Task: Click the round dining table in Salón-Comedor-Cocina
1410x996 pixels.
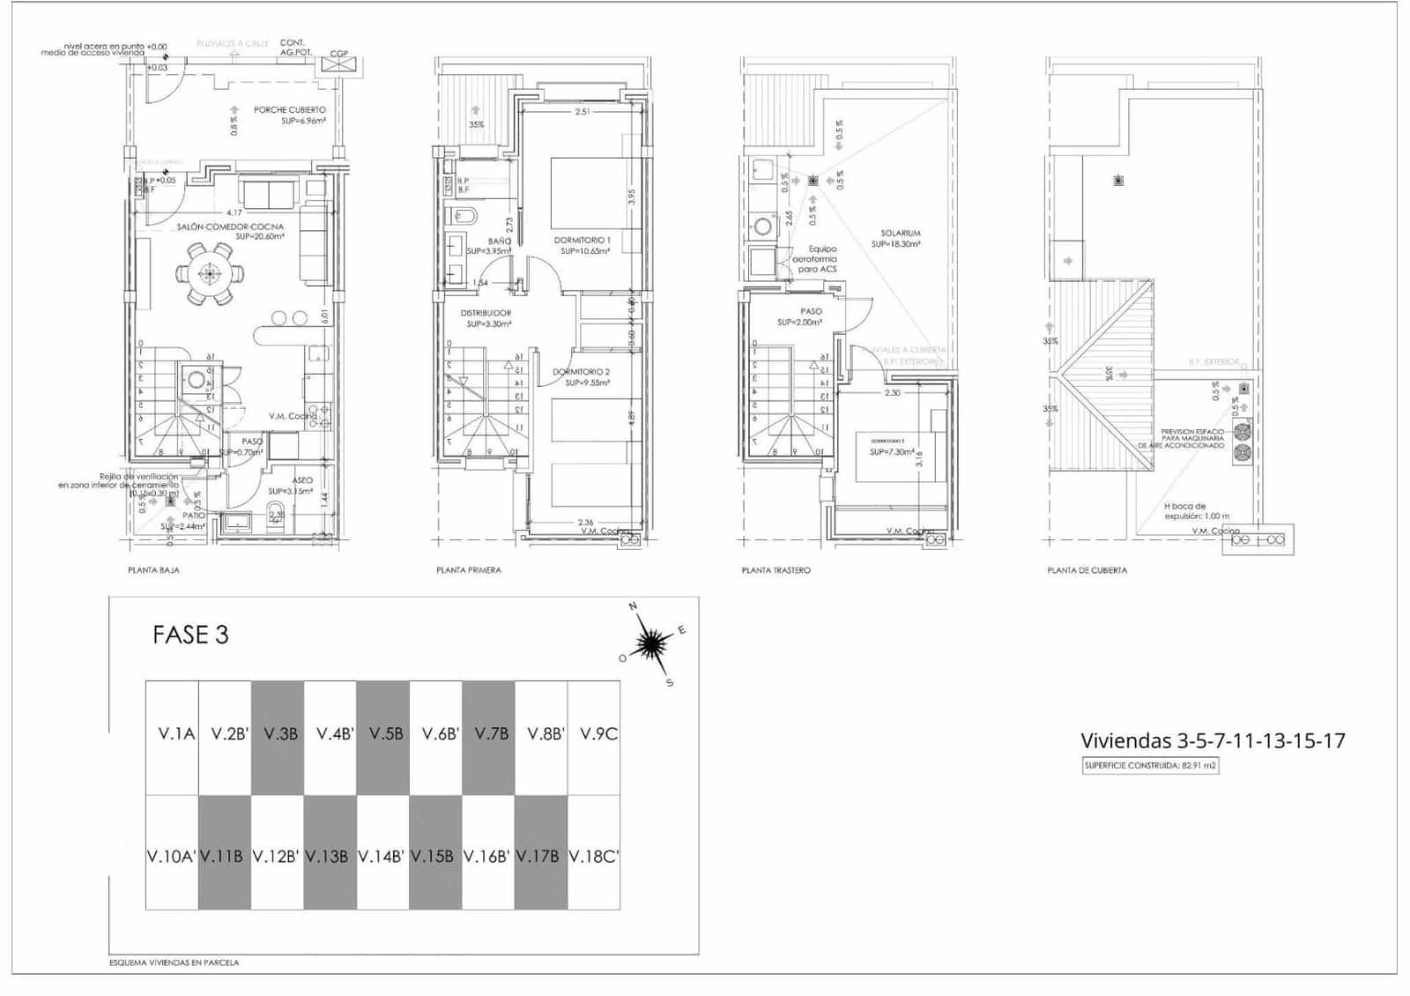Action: pyautogui.click(x=209, y=274)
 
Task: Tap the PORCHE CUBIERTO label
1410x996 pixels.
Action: pyautogui.click(x=289, y=110)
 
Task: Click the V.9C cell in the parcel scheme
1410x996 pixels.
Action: pyautogui.click(x=597, y=733)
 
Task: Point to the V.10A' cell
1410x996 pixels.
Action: pyautogui.click(x=171, y=855)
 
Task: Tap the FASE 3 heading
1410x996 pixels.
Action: pyautogui.click(x=190, y=635)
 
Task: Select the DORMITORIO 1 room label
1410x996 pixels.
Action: pyautogui.click(x=582, y=240)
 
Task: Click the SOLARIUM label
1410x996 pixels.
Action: pyautogui.click(x=900, y=234)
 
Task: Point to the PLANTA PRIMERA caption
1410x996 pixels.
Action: pyautogui.click(x=468, y=570)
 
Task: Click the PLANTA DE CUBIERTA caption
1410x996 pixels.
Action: pyautogui.click(x=1087, y=570)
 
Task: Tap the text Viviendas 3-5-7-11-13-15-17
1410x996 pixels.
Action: pyautogui.click(x=1213, y=740)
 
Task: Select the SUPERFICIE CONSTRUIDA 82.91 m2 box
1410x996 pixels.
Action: pyautogui.click(x=1150, y=765)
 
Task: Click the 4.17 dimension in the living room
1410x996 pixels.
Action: pyautogui.click(x=234, y=212)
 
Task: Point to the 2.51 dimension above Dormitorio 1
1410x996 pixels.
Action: pyautogui.click(x=582, y=112)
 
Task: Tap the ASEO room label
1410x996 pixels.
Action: pyautogui.click(x=302, y=480)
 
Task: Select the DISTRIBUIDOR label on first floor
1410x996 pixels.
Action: pyautogui.click(x=486, y=313)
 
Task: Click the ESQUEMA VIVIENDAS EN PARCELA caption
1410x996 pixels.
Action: pyautogui.click(x=174, y=963)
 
